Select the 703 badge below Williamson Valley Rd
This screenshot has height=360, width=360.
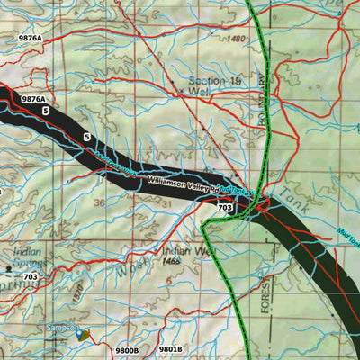[x=225, y=208]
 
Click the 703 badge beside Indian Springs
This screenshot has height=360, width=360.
[x=31, y=277]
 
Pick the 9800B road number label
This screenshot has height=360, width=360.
[x=128, y=348]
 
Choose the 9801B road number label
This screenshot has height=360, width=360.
[x=170, y=348]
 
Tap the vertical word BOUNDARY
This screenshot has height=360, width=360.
[x=265, y=95]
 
